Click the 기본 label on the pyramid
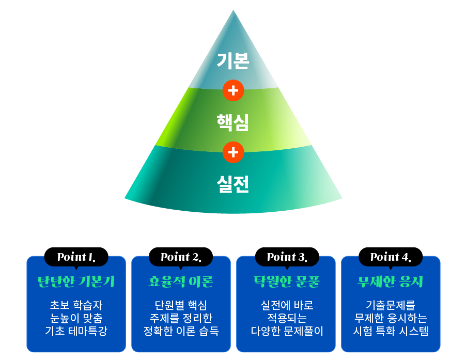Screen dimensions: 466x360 (x=233, y=61)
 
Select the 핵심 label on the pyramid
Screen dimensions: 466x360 (x=232, y=122)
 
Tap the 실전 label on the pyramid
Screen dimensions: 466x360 (x=232, y=184)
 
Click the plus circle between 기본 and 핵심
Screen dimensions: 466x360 (x=234, y=90)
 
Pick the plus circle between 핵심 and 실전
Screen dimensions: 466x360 (x=234, y=152)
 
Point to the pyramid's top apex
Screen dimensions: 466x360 (x=234, y=10)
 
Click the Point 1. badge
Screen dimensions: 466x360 (x=76, y=257)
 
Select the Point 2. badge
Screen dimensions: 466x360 (x=181, y=257)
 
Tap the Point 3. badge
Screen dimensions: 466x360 (x=287, y=257)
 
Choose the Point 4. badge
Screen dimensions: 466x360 (x=391, y=257)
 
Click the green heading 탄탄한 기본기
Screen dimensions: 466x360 (x=76, y=281)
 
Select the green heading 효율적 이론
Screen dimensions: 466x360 (x=181, y=281)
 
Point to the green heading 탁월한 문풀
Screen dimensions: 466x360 (x=287, y=281)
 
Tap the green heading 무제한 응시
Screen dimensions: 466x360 (x=391, y=281)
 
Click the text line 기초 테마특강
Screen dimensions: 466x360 (x=76, y=331)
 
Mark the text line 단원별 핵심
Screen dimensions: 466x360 (x=181, y=305)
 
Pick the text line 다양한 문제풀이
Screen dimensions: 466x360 (x=287, y=331)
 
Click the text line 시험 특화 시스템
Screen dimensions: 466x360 (x=391, y=331)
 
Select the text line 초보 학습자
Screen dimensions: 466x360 (x=76, y=305)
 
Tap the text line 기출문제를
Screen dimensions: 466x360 (x=391, y=305)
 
